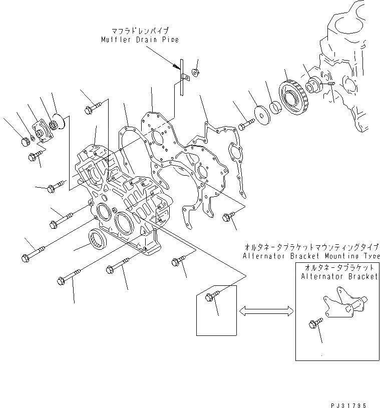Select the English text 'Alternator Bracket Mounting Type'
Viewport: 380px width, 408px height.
310,256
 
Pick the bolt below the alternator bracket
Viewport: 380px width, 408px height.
314,324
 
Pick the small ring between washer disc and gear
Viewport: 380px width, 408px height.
275,107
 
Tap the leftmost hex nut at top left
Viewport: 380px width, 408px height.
25,142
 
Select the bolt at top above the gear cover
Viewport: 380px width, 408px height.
93,108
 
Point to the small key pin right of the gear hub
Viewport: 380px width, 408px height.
331,86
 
